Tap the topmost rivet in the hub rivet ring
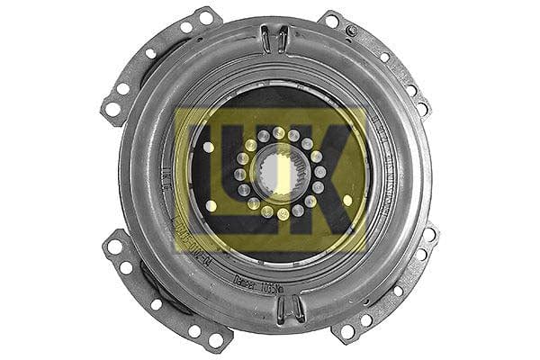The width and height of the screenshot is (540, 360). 279,133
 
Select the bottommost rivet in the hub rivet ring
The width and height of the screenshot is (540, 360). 283,214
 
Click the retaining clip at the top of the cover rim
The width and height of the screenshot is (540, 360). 275,38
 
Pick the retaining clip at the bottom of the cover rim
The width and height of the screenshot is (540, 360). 289,309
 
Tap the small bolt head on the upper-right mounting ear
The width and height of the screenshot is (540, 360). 351,31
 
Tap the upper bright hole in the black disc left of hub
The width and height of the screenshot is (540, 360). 209,147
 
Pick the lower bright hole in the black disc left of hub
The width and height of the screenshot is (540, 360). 211,205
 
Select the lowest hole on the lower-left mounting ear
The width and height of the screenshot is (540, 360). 216,339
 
